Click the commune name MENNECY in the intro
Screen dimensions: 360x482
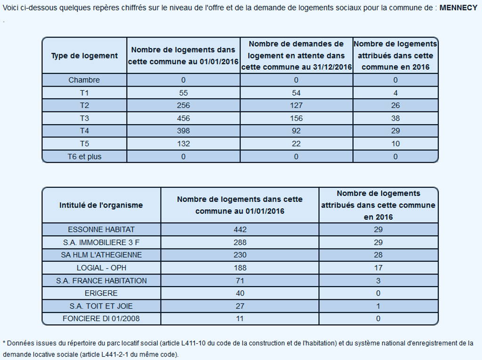point(458,8)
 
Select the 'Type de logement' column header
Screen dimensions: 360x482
point(84,56)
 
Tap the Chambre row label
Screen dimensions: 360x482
point(84,80)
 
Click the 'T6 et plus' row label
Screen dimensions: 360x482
point(84,157)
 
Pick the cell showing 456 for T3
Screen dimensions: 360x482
point(183,118)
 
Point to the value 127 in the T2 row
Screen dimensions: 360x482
point(296,105)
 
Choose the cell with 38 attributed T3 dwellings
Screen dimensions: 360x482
point(395,118)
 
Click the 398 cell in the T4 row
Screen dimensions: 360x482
point(183,131)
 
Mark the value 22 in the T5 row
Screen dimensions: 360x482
point(296,144)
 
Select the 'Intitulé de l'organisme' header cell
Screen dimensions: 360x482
point(101,205)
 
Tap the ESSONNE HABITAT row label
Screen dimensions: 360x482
point(101,230)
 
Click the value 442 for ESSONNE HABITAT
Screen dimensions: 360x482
point(240,230)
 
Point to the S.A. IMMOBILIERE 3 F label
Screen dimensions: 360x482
point(101,242)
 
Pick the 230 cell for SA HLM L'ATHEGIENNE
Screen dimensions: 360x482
point(240,255)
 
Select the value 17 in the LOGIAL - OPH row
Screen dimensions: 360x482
point(378,268)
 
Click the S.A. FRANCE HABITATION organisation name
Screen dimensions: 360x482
point(101,280)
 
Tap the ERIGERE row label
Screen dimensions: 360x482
point(101,293)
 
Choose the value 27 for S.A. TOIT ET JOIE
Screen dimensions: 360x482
point(240,306)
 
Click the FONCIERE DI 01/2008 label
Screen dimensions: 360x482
point(101,319)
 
